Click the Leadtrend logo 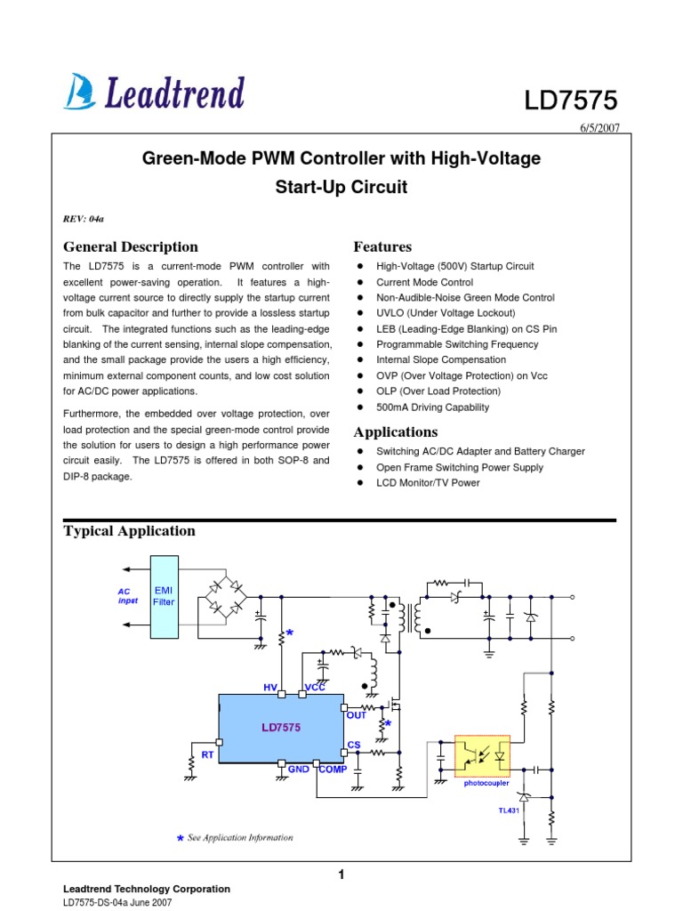pos(155,92)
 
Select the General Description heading pos(131,246)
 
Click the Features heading pos(382,246)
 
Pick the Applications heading pos(396,432)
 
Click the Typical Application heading pos(129,531)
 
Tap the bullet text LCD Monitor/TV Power pos(428,483)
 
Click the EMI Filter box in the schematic pos(165,596)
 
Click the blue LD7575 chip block pos(281,728)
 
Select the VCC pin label pos(316,688)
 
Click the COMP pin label pos(333,770)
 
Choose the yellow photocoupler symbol pos(481,754)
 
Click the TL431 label pos(508,810)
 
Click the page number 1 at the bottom pos(341,875)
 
